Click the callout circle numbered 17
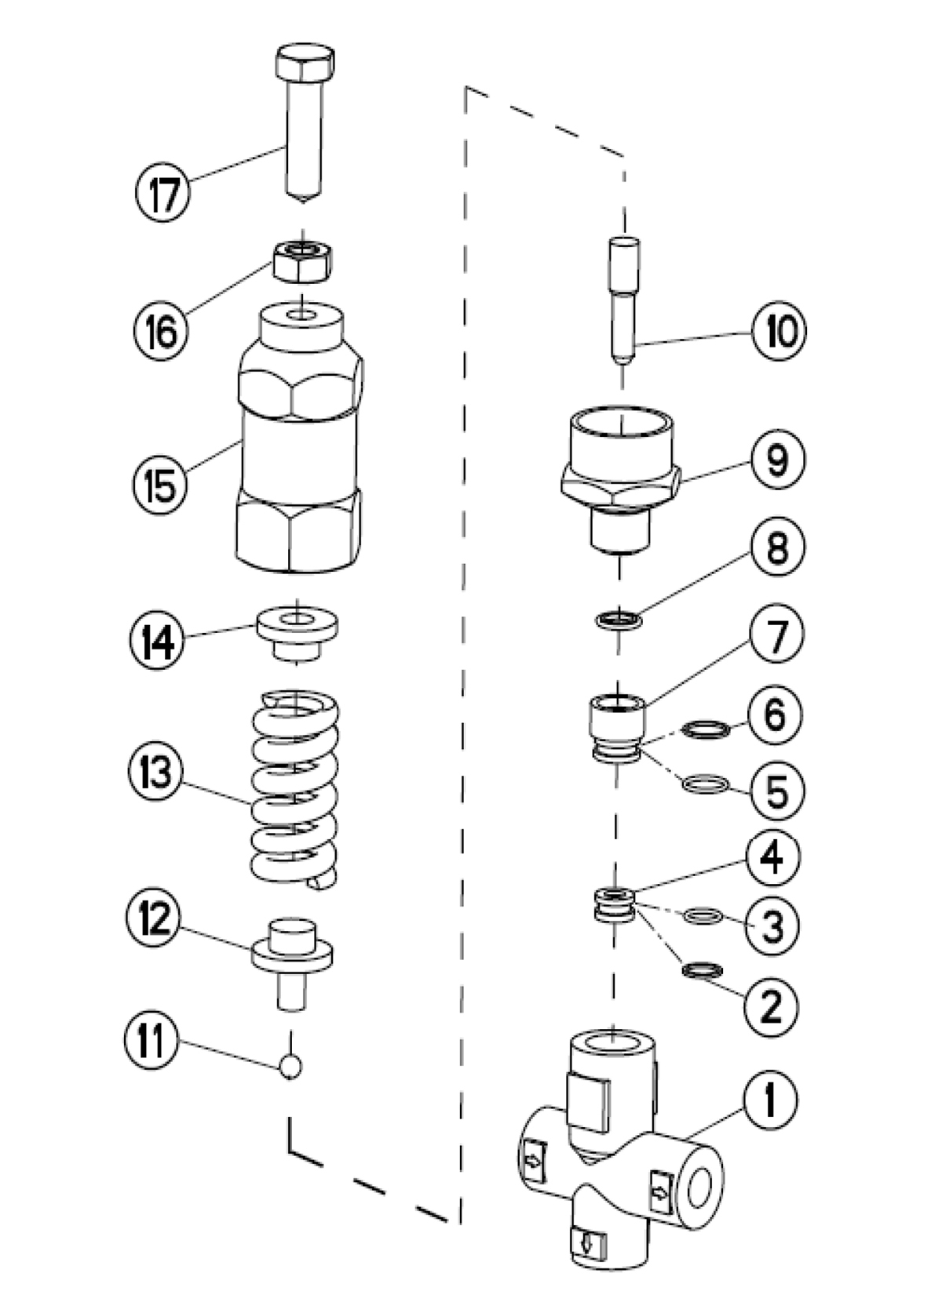click(163, 194)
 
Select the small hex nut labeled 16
click(301, 261)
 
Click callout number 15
click(160, 483)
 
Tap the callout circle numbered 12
click(155, 918)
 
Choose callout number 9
click(776, 460)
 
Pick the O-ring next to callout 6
click(705, 730)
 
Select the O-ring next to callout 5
click(705, 784)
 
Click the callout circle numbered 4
click(772, 856)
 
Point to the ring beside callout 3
click(701, 915)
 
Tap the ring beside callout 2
click(701, 970)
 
